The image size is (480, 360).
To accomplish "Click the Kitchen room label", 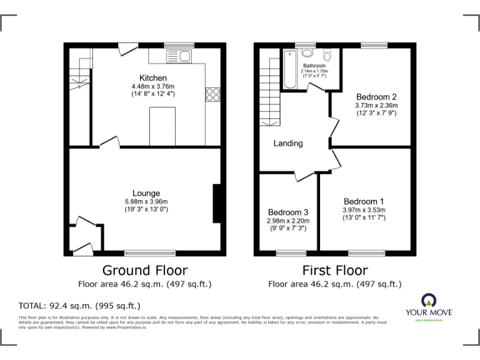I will [152, 77].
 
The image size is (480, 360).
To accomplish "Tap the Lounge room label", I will [146, 193].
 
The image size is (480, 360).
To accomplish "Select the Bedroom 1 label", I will [363, 201].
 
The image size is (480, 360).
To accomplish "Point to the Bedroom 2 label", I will [376, 97].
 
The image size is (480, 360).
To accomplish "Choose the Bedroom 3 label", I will [287, 212].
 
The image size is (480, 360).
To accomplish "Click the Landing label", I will [288, 143].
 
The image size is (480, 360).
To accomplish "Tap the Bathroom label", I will [314, 66].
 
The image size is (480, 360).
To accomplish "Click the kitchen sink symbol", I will [179, 57].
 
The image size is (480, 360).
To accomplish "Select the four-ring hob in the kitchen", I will [212, 94].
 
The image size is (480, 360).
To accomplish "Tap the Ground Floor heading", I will [144, 271].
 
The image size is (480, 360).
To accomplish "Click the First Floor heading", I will [335, 271].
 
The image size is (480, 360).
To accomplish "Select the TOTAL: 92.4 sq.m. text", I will [79, 306].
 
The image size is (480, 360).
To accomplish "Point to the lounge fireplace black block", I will [217, 203].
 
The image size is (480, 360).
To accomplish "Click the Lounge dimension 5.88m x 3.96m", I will [146, 201].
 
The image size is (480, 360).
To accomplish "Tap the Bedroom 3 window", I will [287, 252].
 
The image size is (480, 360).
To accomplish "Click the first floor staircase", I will [269, 91].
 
